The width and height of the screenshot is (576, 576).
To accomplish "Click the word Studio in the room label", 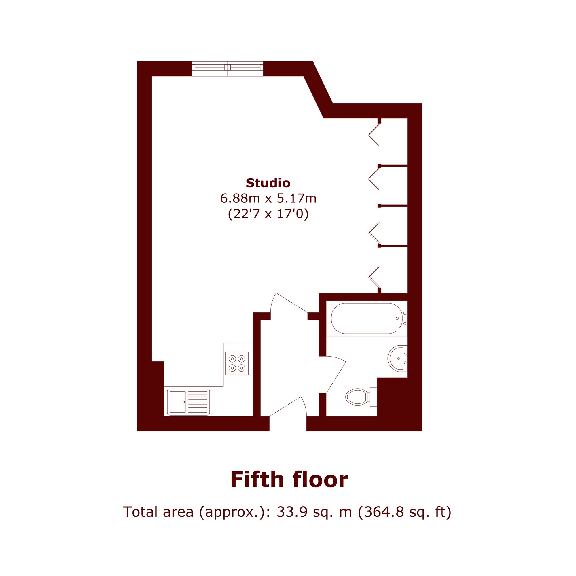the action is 268,183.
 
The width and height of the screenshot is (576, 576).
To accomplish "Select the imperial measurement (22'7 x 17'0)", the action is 268,214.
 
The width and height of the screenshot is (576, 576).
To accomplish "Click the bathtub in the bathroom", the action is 366,318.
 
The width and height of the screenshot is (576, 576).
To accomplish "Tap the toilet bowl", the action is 357,397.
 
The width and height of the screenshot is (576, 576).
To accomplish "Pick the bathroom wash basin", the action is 397,358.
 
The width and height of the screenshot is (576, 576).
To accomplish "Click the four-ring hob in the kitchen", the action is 237,363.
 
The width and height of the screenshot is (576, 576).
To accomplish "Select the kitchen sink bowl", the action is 178,402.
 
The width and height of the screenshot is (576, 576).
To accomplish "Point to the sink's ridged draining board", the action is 198,402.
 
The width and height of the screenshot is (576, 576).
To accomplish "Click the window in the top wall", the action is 228,69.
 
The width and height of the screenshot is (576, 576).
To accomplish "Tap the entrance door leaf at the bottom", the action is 285,406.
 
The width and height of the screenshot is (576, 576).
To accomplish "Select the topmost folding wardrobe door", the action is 374,134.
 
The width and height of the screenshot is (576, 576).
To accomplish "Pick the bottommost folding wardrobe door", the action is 374,277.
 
